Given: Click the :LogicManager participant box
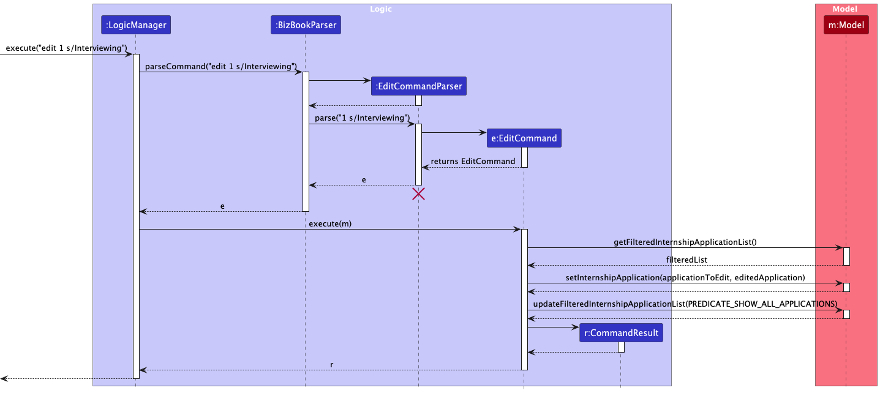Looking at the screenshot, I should click(135, 25).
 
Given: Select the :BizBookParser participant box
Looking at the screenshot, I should click(305, 25).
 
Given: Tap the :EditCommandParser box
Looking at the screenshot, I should click(419, 86).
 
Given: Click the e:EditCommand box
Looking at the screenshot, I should click(524, 138).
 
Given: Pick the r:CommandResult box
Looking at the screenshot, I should click(621, 333).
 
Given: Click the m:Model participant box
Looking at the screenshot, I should click(846, 25).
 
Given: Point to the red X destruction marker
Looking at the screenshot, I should click(419, 194).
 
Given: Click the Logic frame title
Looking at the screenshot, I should click(381, 9).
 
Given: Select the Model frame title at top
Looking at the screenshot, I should click(844, 9).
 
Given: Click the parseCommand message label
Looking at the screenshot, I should click(221, 66).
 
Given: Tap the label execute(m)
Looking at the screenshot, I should click(330, 224).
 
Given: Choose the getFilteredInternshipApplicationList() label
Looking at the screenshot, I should click(685, 242).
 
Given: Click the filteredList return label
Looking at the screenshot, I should click(686, 260).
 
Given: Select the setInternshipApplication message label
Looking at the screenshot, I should click(685, 277).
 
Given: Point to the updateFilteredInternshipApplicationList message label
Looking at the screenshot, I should click(685, 304).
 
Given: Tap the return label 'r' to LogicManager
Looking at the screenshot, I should click(331, 364).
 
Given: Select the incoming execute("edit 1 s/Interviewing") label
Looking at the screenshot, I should click(66, 48).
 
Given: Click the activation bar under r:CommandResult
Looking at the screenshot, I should click(621, 347).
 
